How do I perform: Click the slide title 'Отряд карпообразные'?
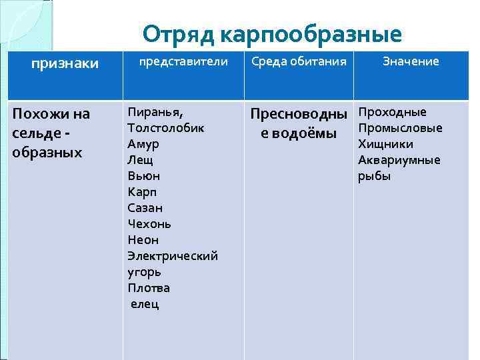tap(272, 34)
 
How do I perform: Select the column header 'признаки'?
tap(65, 63)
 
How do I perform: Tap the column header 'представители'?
tap(183, 61)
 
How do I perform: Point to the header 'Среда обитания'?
tap(299, 61)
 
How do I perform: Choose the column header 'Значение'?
tap(411, 61)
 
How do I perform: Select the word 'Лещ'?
tap(140, 160)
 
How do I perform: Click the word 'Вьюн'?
tap(143, 176)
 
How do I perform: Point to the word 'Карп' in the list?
tap(141, 192)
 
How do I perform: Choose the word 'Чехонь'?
tap(149, 224)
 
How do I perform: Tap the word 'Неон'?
tap(143, 240)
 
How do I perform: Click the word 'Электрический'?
tap(172, 256)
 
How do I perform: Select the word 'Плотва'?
tap(149, 288)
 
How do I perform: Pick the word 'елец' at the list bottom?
tap(145, 304)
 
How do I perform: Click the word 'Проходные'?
tap(392, 112)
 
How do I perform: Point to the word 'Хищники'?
tap(385, 144)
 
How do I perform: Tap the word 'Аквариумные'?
tap(399, 160)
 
